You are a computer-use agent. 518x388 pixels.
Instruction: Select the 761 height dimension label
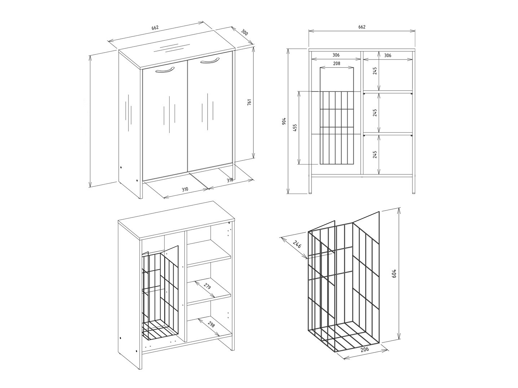(249, 102)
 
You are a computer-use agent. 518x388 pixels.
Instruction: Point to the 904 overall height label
(284, 121)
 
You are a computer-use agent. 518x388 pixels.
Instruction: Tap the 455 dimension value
(295, 128)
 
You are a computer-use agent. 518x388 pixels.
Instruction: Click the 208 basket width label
(336, 63)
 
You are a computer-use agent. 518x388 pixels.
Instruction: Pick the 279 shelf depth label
(207, 287)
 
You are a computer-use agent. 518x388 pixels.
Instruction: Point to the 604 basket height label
(394, 273)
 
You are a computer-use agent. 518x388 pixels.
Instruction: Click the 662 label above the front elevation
(362, 27)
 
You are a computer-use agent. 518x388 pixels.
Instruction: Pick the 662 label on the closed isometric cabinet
(155, 28)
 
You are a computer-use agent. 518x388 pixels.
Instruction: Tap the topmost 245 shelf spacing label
(375, 71)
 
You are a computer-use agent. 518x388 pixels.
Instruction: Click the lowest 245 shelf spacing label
(375, 155)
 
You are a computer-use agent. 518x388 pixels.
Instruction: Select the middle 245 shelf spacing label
(375, 113)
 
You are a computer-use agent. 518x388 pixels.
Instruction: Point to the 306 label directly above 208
(336, 55)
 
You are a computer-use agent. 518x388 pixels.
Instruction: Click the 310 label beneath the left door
(184, 189)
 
